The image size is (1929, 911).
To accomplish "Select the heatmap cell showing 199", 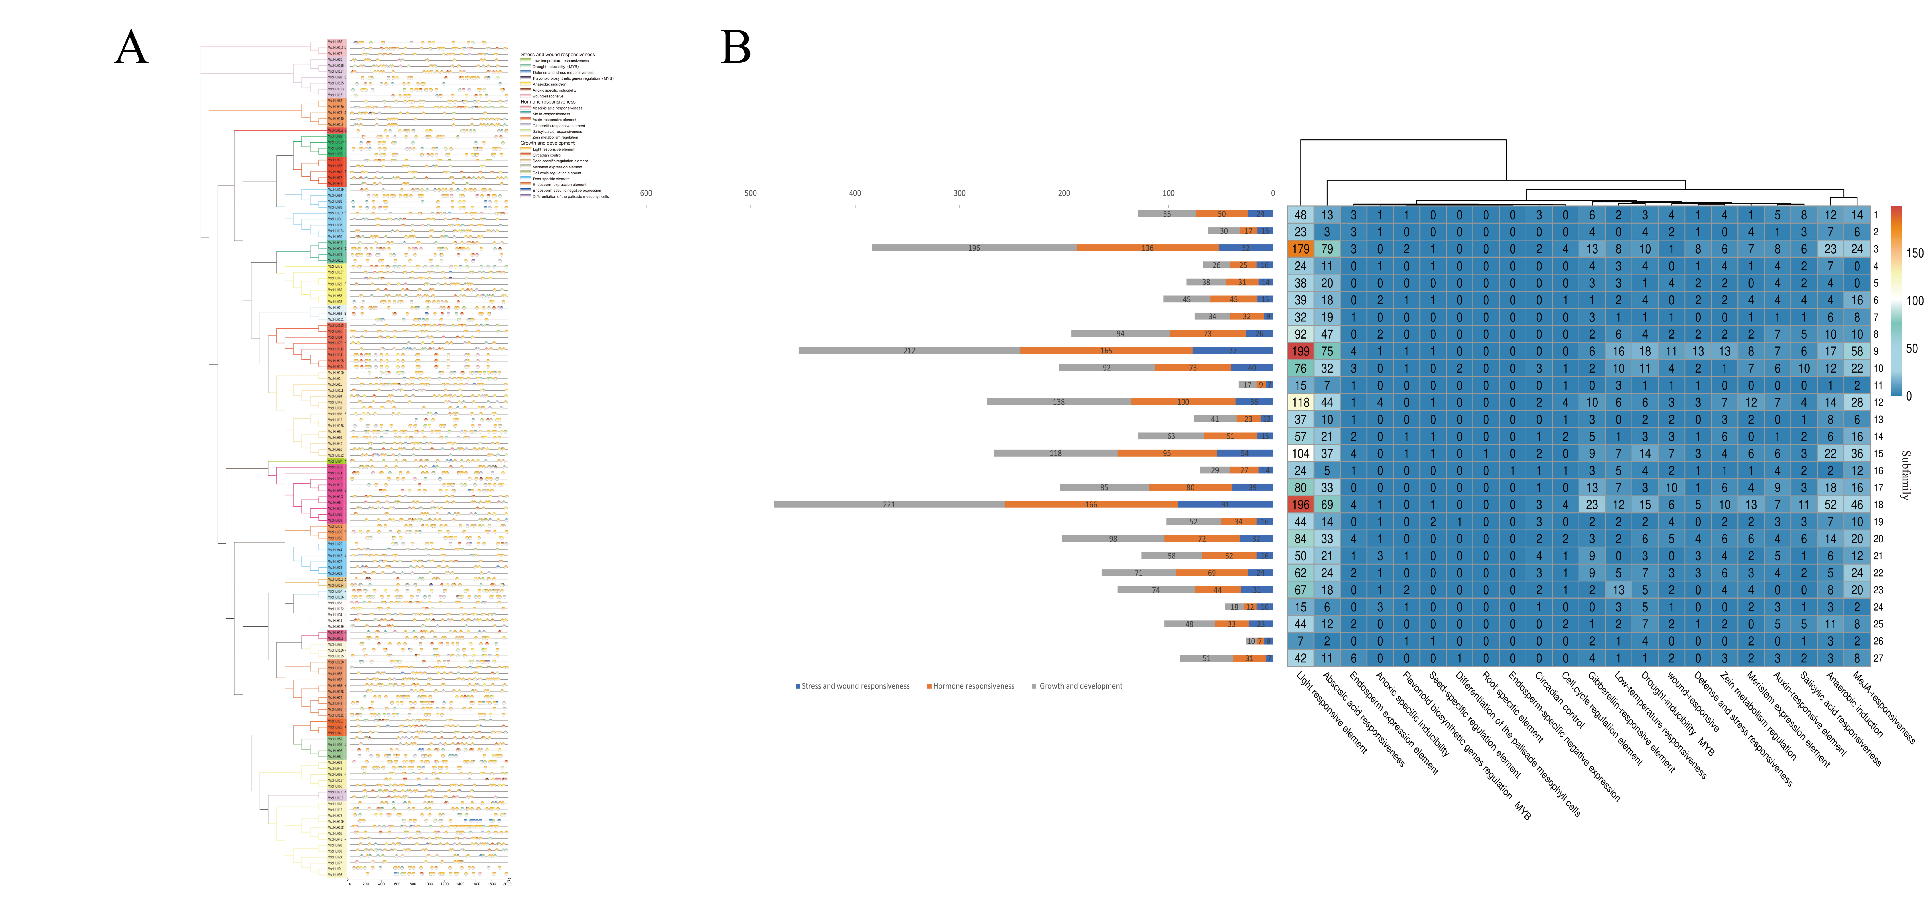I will (1301, 351).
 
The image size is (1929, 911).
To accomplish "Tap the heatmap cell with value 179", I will (1301, 249).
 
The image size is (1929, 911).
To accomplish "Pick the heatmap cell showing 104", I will (1301, 454).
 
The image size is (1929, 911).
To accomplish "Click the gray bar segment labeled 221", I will (889, 505).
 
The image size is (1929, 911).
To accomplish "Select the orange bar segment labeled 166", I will (1091, 505).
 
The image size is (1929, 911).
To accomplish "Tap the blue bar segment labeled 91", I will (1225, 505).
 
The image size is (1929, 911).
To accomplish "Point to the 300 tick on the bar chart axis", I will (959, 193).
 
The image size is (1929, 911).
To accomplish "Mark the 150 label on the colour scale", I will (1914, 253).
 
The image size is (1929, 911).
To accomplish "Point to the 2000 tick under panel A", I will (507, 884).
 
